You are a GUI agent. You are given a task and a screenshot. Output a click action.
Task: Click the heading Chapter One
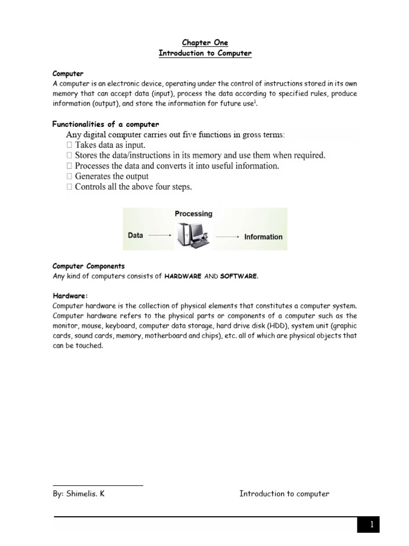204,43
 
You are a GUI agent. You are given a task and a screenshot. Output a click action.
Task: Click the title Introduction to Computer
204,53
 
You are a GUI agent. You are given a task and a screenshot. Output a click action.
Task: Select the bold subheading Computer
68,73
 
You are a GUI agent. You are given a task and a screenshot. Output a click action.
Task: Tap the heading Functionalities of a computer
105,124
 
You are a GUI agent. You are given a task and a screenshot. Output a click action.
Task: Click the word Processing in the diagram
193,214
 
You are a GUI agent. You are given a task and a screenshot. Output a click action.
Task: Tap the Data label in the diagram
136,235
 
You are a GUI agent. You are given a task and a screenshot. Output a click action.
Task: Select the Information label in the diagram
263,237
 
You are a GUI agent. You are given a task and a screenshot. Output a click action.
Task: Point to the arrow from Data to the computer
160,235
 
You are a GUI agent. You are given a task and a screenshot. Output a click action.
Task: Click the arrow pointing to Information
228,236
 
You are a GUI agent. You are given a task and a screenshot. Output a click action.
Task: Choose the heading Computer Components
88,266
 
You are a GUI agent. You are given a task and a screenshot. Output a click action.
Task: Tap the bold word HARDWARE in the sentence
183,276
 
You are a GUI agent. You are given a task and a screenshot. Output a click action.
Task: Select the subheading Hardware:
70,295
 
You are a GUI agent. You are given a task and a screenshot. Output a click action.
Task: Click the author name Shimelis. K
78,494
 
